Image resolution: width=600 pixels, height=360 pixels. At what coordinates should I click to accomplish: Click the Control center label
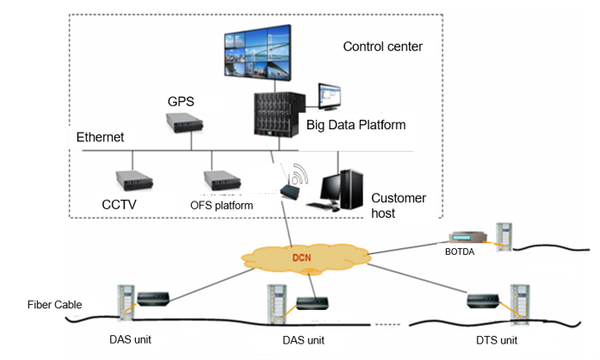(x=383, y=47)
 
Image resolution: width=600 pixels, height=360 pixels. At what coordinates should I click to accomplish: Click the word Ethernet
(x=101, y=137)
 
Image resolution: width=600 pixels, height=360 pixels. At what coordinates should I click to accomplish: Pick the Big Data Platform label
(x=356, y=125)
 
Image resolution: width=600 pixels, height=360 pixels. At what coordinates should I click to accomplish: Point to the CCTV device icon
(x=133, y=180)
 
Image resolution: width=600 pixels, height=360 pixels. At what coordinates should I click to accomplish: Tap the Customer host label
(x=399, y=205)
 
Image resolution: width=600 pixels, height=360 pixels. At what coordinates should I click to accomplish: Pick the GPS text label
(x=180, y=102)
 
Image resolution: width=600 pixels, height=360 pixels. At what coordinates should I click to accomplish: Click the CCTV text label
(x=121, y=206)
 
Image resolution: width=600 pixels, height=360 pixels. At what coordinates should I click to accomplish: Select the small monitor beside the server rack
(x=330, y=96)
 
